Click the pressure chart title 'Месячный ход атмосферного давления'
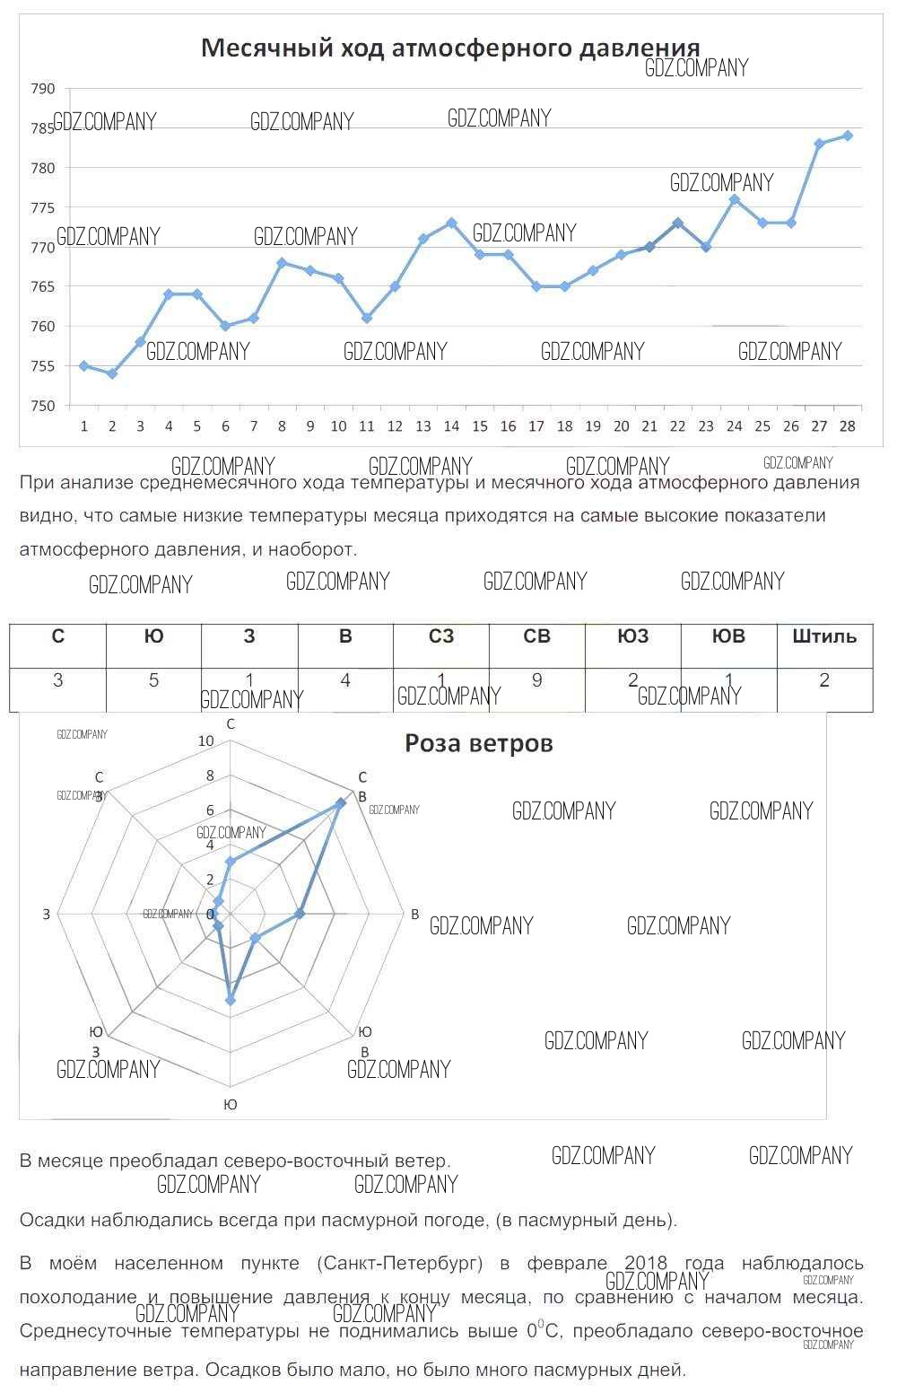coord(449,48)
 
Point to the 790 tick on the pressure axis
coord(43,89)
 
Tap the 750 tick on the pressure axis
coord(43,406)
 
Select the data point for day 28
coord(847,136)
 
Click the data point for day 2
coord(112,373)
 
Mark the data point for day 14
coord(451,223)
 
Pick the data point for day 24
coord(734,199)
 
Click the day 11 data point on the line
coord(366,318)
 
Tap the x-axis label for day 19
coord(592,426)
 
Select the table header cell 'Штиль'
coord(824,637)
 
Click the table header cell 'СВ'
coord(536,637)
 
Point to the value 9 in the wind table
coord(536,680)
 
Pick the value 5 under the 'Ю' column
coord(153,680)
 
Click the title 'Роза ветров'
coord(479,743)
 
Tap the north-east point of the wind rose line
coord(340,803)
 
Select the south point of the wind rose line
coord(231,999)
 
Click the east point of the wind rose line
coord(300,914)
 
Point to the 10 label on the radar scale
coord(205,741)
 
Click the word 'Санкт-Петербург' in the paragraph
coord(399,1264)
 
